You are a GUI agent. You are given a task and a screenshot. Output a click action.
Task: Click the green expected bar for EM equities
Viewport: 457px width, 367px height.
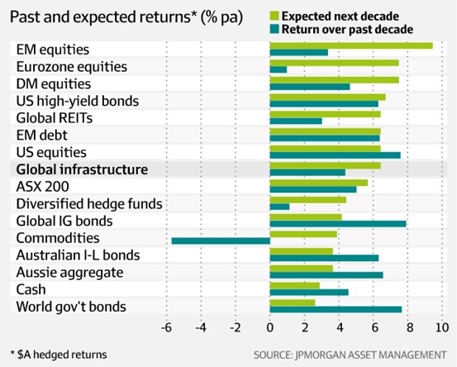point(351,45)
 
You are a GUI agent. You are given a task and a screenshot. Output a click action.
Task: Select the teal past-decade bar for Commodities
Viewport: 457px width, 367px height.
point(221,241)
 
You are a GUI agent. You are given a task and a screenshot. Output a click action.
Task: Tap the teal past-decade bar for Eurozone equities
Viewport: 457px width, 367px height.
point(278,69)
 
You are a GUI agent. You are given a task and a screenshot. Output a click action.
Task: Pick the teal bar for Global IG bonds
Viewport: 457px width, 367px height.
point(338,224)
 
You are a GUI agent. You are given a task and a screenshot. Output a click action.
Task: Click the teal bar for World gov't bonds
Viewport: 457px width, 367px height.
point(336,310)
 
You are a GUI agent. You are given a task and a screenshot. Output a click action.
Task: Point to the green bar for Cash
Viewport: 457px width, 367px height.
point(295,286)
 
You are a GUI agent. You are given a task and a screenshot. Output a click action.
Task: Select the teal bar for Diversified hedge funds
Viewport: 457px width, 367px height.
point(279,207)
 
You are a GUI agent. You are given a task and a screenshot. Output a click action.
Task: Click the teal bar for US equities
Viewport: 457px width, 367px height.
point(336,155)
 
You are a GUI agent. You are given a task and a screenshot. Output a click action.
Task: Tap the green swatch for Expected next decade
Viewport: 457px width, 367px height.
point(274,16)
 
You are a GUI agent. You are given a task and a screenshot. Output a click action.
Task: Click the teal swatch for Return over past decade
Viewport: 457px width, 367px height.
point(274,29)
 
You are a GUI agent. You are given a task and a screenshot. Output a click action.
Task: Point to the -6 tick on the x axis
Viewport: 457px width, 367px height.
point(166,328)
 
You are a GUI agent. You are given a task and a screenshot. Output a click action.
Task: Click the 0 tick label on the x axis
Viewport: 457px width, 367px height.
point(270,328)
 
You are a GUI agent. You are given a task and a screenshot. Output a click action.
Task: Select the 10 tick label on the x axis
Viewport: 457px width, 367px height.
point(442,328)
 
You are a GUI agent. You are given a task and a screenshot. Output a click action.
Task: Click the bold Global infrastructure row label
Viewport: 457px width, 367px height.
point(82,169)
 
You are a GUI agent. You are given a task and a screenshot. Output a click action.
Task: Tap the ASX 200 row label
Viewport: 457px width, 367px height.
point(42,187)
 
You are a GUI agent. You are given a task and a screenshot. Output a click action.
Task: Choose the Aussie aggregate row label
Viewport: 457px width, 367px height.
point(69,273)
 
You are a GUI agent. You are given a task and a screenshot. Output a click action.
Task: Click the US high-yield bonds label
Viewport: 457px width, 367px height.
point(78,101)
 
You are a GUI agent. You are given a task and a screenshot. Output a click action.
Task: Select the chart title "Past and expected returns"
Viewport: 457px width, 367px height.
point(100,17)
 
